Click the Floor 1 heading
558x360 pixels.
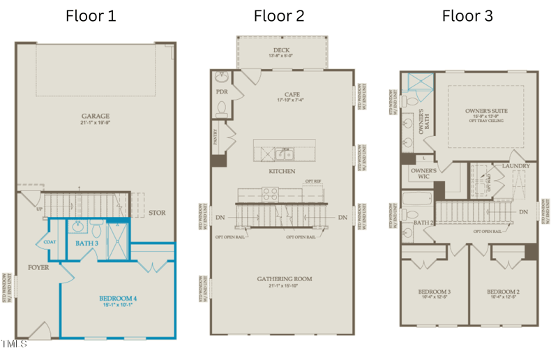click(91, 15)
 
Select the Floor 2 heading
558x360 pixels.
click(278, 15)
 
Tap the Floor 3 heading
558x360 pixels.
click(467, 15)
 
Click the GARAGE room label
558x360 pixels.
click(96, 117)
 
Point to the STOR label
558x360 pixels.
click(157, 213)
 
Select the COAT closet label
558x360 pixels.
click(50, 242)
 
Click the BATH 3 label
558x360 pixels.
click(88, 243)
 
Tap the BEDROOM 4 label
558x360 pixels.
click(118, 299)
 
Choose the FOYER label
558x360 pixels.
click(38, 267)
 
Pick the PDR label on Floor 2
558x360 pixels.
click(222, 91)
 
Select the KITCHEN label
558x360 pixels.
click(281, 171)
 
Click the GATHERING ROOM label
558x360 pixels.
click(284, 279)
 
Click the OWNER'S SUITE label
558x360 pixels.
click(486, 111)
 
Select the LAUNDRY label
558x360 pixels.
click(515, 166)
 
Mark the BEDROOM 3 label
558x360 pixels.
click(434, 292)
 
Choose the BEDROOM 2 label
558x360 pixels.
click(502, 292)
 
